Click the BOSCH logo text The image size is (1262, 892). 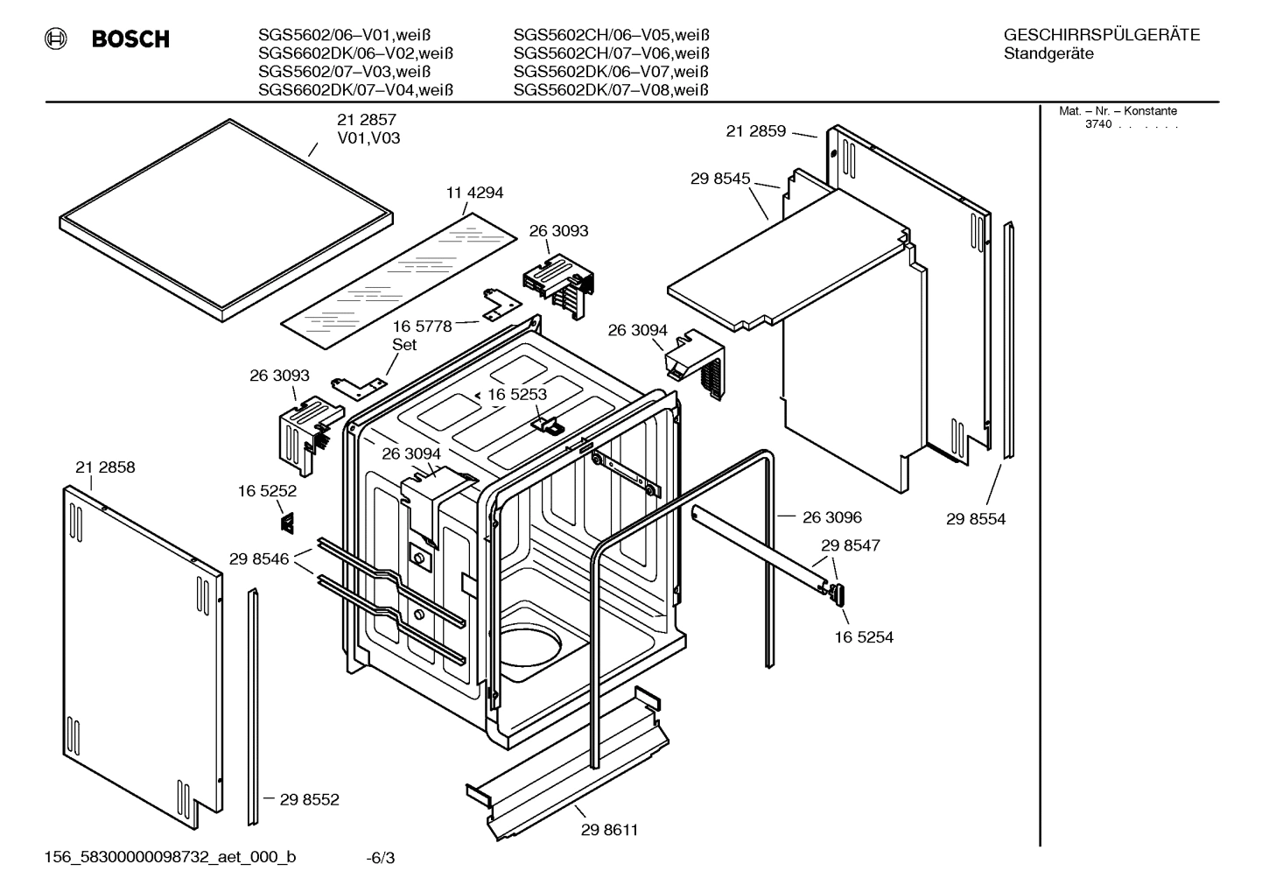[x=130, y=39]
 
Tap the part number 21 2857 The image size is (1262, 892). [x=367, y=120]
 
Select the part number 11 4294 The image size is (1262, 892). [x=474, y=193]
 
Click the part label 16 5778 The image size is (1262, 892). [x=422, y=327]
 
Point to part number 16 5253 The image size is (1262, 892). [x=516, y=395]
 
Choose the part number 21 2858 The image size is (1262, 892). [x=105, y=467]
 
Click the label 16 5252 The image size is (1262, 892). [x=267, y=492]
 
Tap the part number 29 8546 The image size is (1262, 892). [x=259, y=558]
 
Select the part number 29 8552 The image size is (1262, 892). [x=309, y=799]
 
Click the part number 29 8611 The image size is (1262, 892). [x=609, y=830]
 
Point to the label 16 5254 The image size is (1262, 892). [x=863, y=637]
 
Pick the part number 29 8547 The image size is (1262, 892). [x=850, y=545]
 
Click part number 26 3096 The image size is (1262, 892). [x=831, y=517]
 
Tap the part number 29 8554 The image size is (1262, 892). [x=976, y=519]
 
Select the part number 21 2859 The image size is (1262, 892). [x=756, y=131]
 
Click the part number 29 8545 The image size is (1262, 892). [x=720, y=179]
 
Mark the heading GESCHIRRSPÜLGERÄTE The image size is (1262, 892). [x=1101, y=36]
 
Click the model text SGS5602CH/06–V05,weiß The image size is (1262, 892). [x=611, y=35]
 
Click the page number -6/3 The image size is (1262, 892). [x=380, y=858]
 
